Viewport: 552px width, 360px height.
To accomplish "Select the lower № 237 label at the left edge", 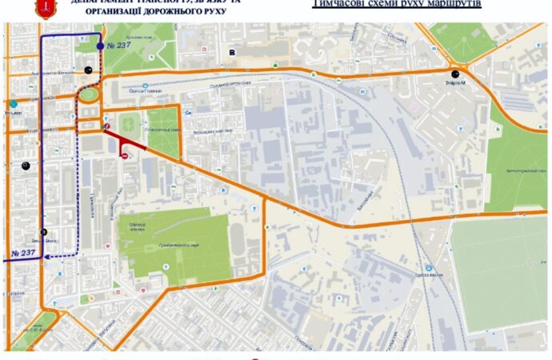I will coord(24,254).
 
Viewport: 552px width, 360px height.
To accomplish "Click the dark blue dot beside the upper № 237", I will coord(99,46).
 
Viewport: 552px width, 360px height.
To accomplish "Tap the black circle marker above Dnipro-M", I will coord(454,73).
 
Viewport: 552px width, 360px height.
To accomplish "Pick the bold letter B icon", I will coord(233,53).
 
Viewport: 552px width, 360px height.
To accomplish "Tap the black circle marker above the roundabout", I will coord(88,69).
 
